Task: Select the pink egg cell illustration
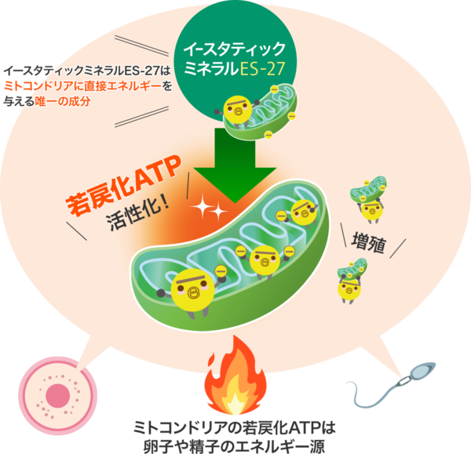pos(57,395)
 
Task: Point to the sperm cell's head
pos(423,370)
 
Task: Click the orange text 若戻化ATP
pos(123,185)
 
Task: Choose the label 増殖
pos(368,243)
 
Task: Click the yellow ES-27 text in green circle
pos(262,69)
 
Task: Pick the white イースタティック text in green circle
pos(235,49)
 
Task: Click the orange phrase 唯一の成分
pos(63,101)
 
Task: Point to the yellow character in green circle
pos(237,110)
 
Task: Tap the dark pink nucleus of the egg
pos(57,395)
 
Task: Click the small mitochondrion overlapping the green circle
pos(261,112)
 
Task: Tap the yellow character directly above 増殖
pos(372,210)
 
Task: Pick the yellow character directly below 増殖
pos(349,289)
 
